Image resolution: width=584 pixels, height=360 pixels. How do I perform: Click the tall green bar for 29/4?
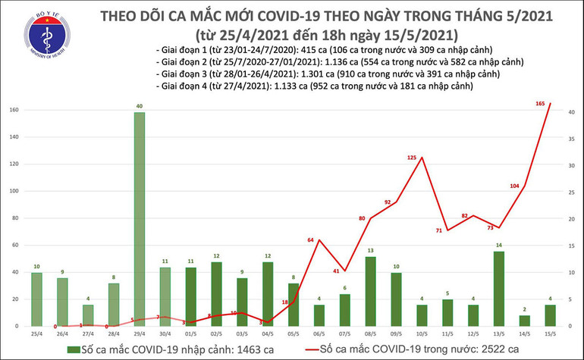140,219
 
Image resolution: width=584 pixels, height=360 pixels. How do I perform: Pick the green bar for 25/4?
37,299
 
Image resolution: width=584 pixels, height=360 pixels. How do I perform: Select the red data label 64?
310,240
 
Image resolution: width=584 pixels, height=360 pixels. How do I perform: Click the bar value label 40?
140,105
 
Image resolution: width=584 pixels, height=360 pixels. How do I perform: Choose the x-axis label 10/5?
422,333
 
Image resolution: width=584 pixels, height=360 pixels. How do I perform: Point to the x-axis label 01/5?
191,333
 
